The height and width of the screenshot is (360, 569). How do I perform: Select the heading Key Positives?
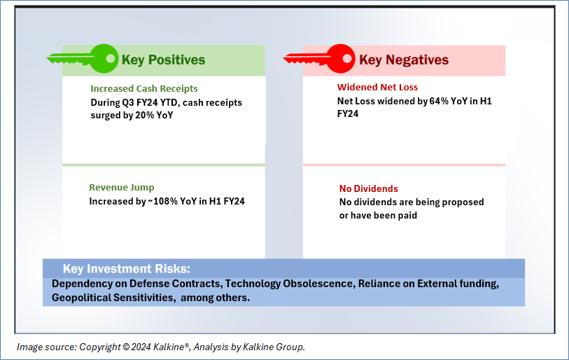click(163, 60)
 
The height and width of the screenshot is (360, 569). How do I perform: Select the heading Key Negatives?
click(404, 60)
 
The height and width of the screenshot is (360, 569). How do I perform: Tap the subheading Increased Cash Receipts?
click(144, 89)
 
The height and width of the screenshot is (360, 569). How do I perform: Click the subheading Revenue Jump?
click(122, 188)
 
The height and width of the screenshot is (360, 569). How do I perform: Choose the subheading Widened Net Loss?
click(377, 87)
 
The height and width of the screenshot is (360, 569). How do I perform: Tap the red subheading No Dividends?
click(369, 188)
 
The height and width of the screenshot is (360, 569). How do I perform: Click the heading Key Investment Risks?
click(126, 269)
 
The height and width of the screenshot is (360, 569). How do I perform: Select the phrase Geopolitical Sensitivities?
click(113, 298)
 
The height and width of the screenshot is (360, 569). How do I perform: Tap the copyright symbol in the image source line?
click(126, 347)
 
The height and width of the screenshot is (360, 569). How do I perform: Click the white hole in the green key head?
click(111, 59)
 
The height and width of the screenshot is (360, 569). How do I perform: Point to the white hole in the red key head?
click(347, 59)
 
